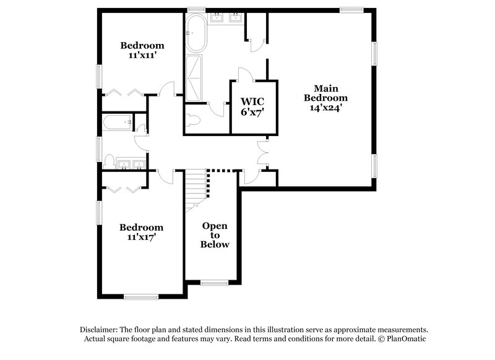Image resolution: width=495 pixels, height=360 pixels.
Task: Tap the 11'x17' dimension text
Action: coord(142,238)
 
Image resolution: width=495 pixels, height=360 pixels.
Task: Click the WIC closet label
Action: coord(252,106)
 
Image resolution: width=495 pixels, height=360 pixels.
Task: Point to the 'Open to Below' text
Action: coord(215,235)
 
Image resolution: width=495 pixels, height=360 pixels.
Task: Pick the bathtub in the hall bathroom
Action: coord(118,122)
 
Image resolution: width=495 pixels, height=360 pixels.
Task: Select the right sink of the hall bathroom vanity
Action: coord(139,164)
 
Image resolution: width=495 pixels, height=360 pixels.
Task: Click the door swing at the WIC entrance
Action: coord(246,75)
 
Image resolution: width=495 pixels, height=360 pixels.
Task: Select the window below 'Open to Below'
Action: coord(215,283)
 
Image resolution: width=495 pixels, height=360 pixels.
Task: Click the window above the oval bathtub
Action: coord(196,9)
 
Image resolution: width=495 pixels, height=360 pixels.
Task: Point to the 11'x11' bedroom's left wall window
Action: coord(98,75)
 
